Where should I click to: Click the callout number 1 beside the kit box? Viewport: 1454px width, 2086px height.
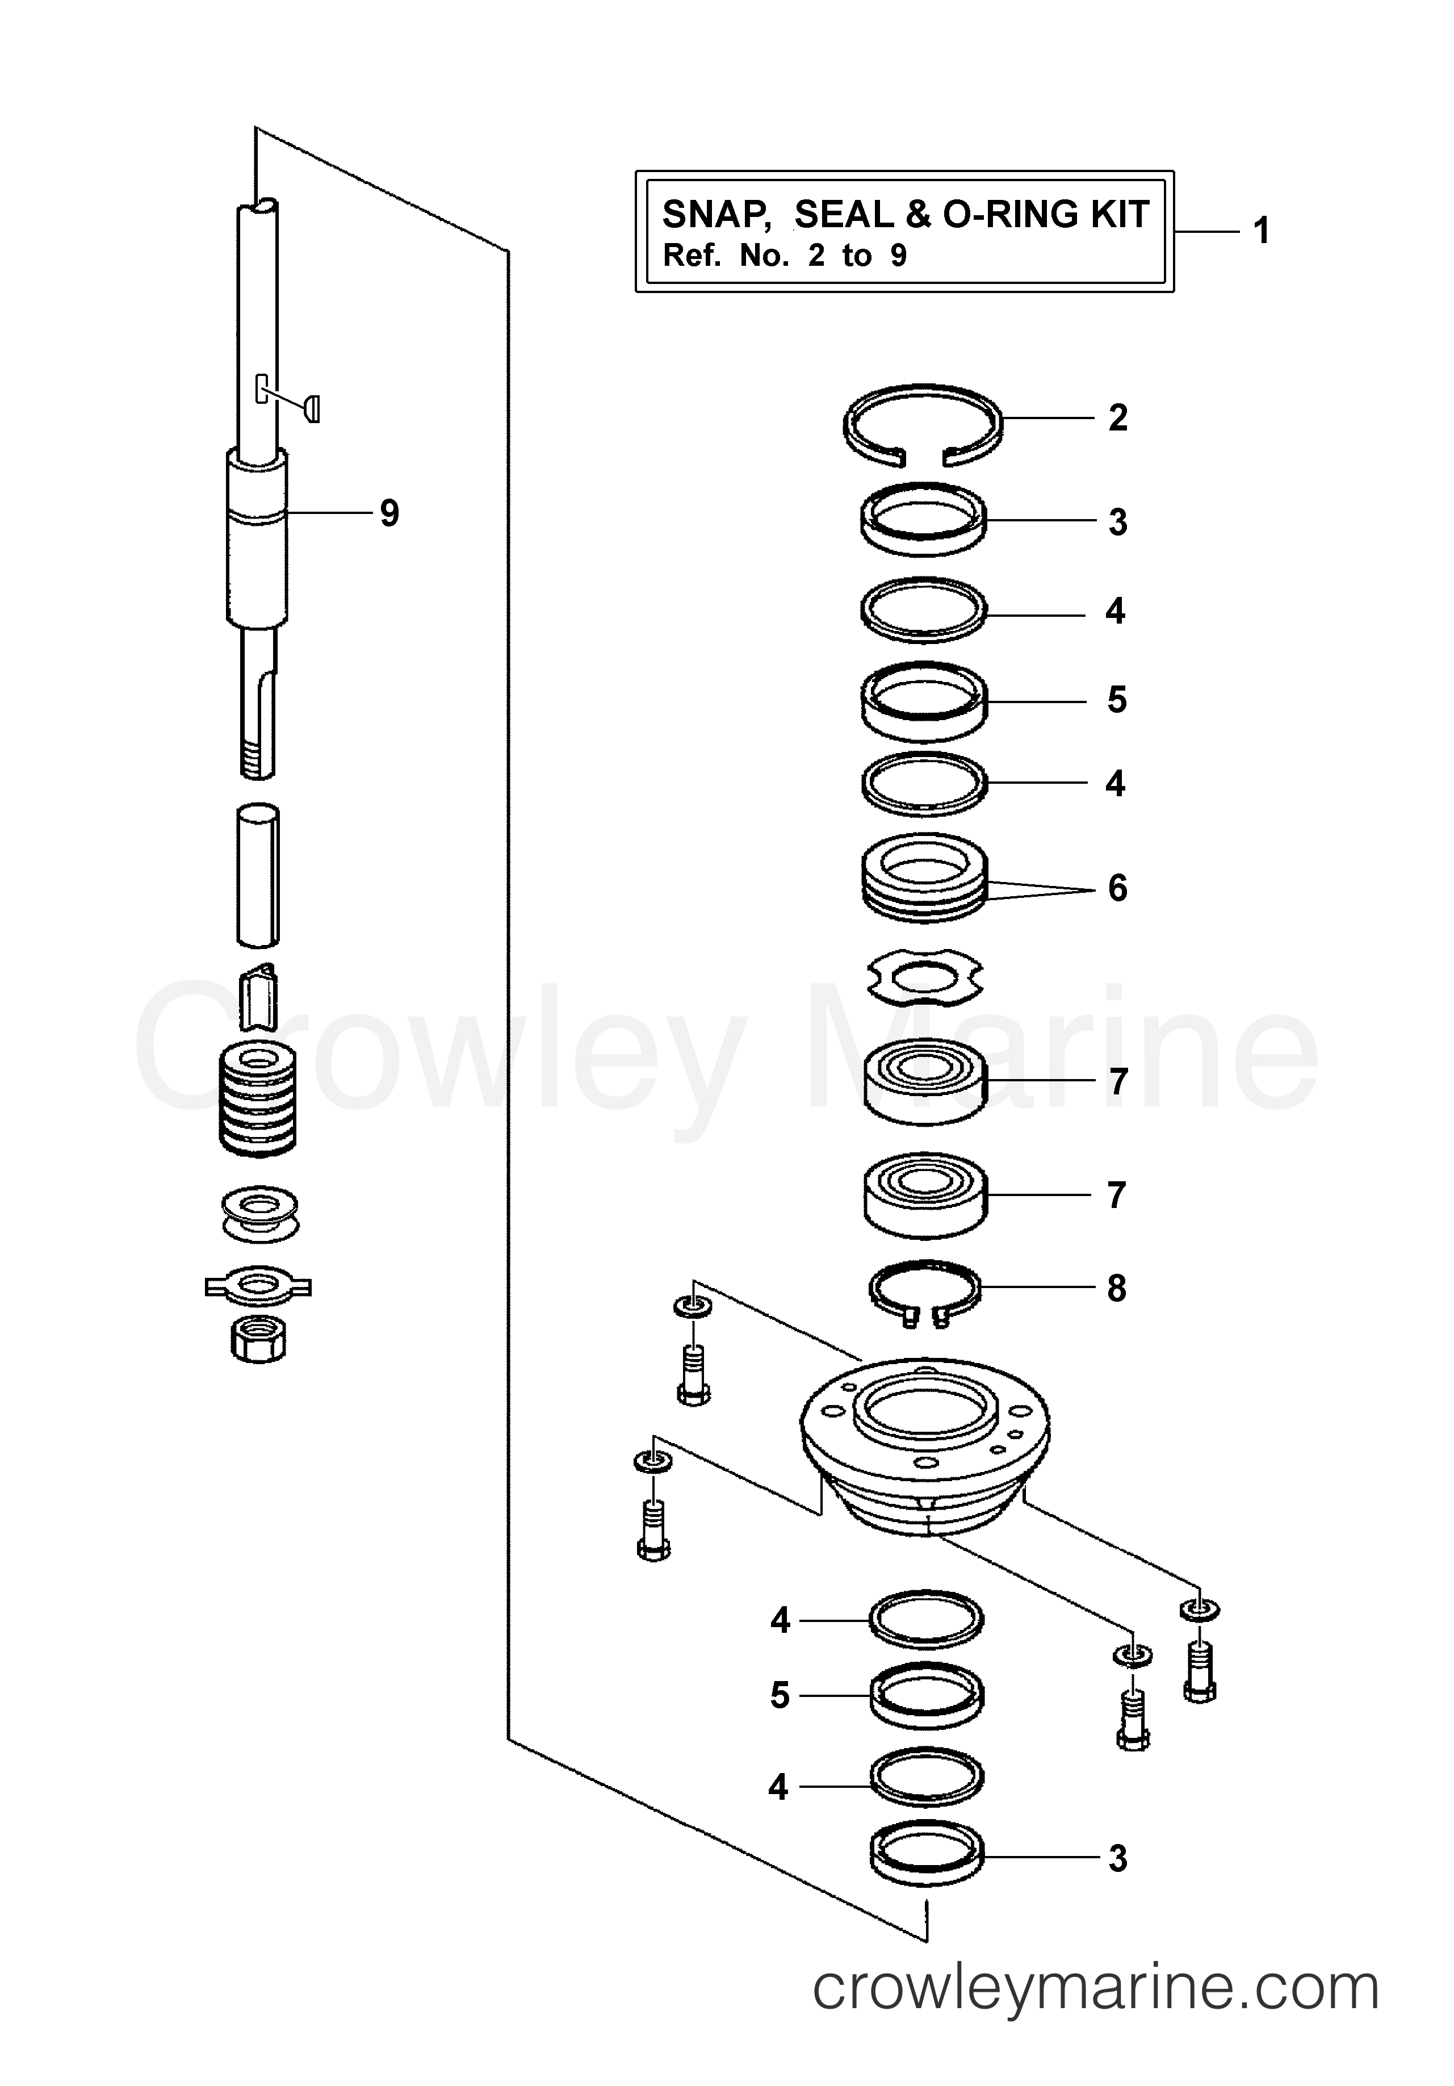[x=1260, y=232]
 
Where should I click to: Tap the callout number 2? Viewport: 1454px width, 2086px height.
[x=1117, y=418]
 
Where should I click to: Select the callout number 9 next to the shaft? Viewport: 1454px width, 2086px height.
[x=389, y=514]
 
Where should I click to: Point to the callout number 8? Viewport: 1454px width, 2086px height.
[x=1116, y=1287]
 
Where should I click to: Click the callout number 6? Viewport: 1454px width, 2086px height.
[x=1117, y=888]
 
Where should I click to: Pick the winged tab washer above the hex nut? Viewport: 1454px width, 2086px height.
[x=259, y=1286]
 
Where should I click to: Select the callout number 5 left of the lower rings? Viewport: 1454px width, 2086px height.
[x=779, y=1695]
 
